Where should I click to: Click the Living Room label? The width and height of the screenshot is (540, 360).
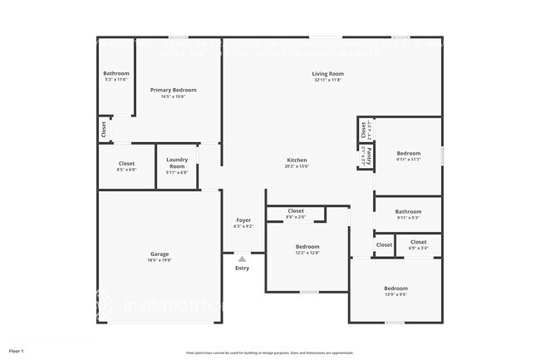pyautogui.click(x=327, y=74)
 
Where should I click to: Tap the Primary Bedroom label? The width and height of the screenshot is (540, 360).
pyautogui.click(x=173, y=89)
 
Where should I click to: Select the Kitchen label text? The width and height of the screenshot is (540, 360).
pyautogui.click(x=297, y=160)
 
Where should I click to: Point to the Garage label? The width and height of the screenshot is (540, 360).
pyautogui.click(x=160, y=254)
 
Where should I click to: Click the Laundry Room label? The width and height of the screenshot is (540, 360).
pyautogui.click(x=177, y=163)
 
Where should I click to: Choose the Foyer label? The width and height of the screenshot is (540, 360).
pyautogui.click(x=243, y=220)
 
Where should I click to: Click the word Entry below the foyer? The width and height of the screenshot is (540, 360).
pyautogui.click(x=242, y=268)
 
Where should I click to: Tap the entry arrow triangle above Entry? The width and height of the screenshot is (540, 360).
pyautogui.click(x=242, y=259)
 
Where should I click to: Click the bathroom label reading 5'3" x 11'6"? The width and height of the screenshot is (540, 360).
pyautogui.click(x=116, y=80)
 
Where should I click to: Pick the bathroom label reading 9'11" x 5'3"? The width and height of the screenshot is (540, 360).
pyautogui.click(x=408, y=219)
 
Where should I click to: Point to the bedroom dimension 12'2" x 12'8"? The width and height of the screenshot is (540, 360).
pyautogui.click(x=307, y=254)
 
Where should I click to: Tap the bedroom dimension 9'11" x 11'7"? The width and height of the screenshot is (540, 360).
pyautogui.click(x=408, y=160)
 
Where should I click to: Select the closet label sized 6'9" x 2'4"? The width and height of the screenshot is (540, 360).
pyautogui.click(x=418, y=248)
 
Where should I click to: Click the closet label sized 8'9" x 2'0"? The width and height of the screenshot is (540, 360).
pyautogui.click(x=296, y=218)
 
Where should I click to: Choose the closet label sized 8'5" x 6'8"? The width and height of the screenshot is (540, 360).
pyautogui.click(x=126, y=170)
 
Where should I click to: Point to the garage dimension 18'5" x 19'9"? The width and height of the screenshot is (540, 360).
pyautogui.click(x=160, y=260)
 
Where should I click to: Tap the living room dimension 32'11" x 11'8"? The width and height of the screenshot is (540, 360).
pyautogui.click(x=327, y=81)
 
